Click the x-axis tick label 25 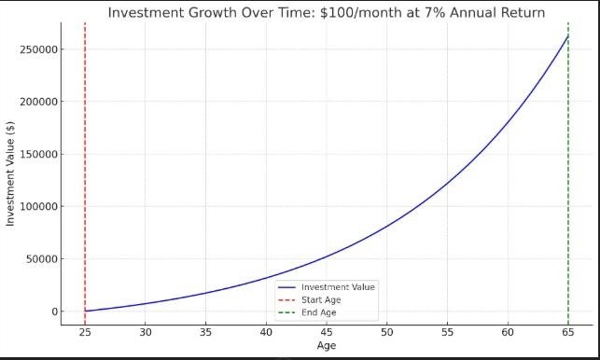click(x=85, y=332)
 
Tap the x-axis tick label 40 click(x=266, y=332)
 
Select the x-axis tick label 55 click(x=447, y=332)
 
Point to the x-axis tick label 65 click(x=568, y=332)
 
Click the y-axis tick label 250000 click(x=38, y=49)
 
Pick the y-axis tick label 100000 click(x=38, y=207)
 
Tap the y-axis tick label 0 click(x=54, y=312)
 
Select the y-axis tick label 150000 click(x=38, y=154)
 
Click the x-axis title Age click(x=327, y=346)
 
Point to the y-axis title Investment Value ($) click(x=10, y=173)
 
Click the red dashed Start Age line click(x=85, y=173)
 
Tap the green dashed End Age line click(x=568, y=173)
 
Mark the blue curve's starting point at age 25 click(x=85, y=311)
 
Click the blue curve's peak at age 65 click(x=568, y=36)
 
